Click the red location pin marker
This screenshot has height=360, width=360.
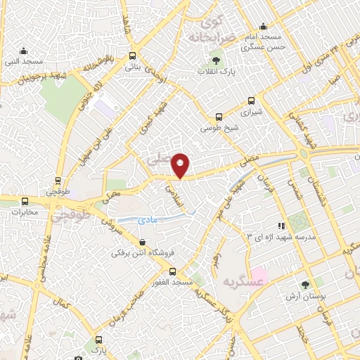(x=181, y=165)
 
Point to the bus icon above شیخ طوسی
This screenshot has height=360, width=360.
(x=220, y=117)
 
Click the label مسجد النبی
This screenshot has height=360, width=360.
(x=23, y=62)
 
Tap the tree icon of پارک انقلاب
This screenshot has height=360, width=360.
(x=216, y=56)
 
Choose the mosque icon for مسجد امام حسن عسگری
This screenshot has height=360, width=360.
(x=264, y=27)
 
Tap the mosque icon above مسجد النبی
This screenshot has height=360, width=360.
(x=24, y=51)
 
